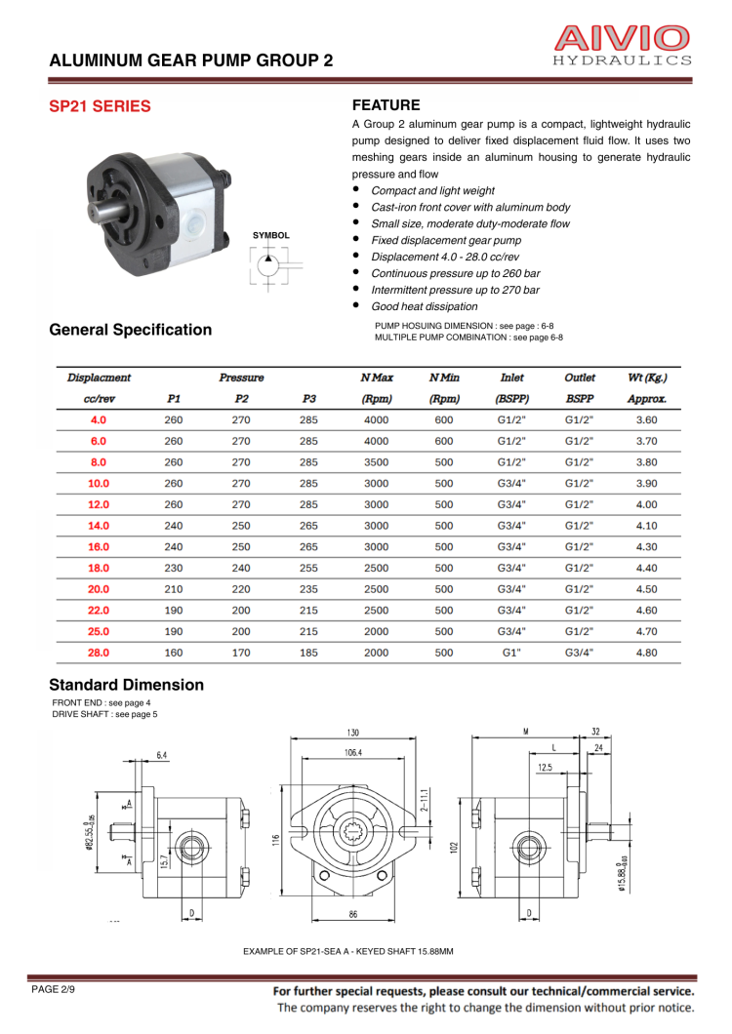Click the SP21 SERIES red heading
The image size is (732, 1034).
coord(100,106)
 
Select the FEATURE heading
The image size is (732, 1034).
coord(386,105)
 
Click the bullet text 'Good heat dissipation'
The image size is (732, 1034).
coord(424,306)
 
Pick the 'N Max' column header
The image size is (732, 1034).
coord(376,377)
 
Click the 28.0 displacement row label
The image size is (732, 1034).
coord(99,653)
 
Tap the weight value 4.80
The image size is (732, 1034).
coord(646,653)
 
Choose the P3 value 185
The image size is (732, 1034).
coord(308,653)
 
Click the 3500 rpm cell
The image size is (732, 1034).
coord(376,462)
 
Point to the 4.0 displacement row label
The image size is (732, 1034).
coord(99,419)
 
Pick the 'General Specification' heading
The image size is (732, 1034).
coord(130,330)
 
